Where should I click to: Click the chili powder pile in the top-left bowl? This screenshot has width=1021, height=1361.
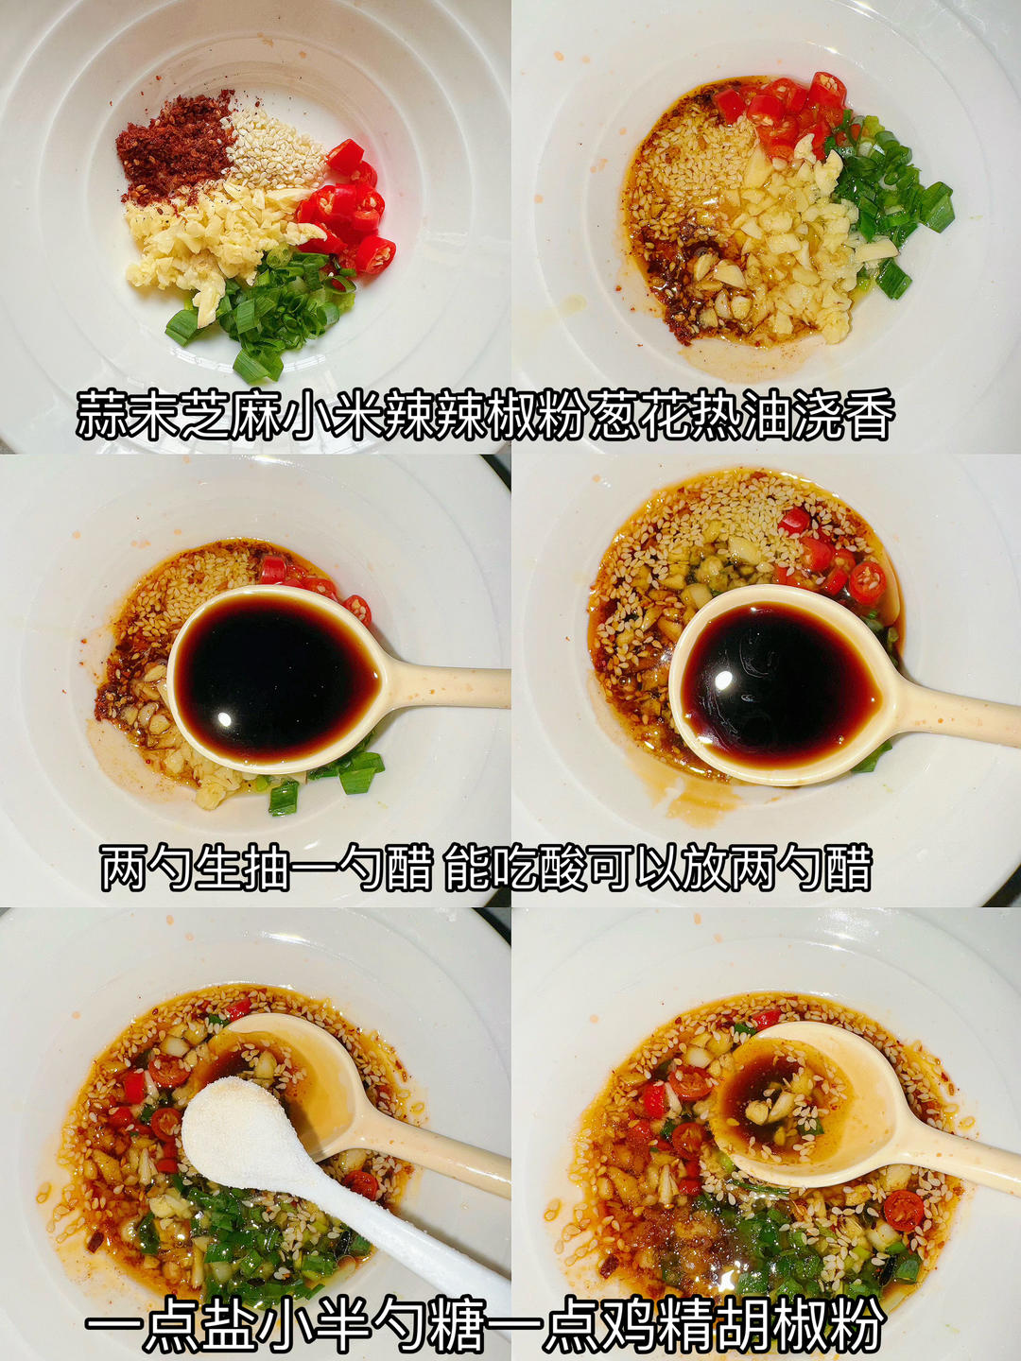point(172,146)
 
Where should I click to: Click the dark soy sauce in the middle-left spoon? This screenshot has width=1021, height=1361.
point(274,676)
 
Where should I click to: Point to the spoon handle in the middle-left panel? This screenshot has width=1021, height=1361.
point(454,685)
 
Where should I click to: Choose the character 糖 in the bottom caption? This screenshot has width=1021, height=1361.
point(455,1323)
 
